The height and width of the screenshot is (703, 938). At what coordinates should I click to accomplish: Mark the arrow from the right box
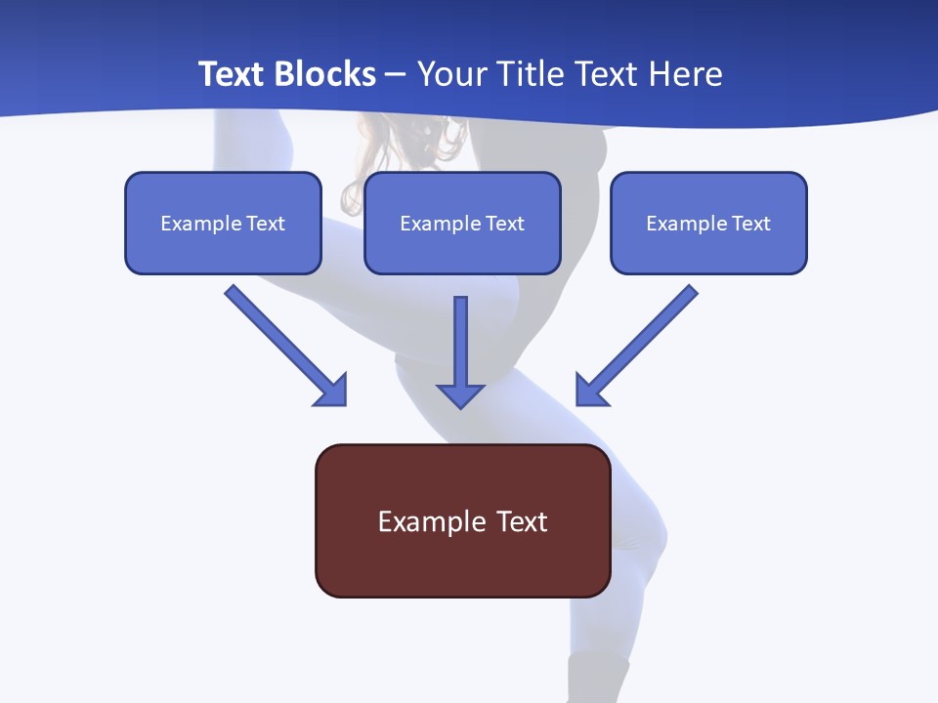[x=637, y=345]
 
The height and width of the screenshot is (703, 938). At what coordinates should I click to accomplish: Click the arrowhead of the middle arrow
[x=460, y=394]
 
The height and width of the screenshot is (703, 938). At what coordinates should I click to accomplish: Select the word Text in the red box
[x=523, y=521]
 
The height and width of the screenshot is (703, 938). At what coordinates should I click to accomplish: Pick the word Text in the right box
[x=751, y=224]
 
